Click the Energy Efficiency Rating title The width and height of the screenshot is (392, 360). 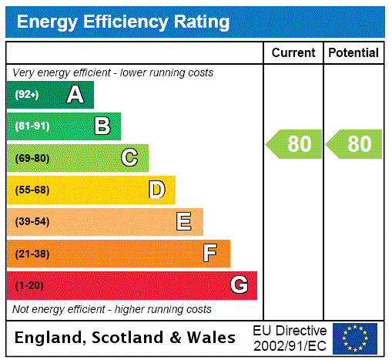tap(123, 22)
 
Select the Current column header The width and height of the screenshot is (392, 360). tap(293, 53)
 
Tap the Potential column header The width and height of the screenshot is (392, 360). tap(353, 53)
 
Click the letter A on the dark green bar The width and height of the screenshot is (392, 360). tap(75, 95)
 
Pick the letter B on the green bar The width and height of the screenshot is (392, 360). tap(102, 126)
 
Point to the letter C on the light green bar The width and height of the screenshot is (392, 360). tap(129, 158)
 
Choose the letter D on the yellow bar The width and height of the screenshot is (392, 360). tap(157, 190)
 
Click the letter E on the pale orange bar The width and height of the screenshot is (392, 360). tap(184, 222)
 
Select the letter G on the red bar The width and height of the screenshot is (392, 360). tap(240, 285)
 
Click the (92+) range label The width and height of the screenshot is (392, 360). tap(27, 95)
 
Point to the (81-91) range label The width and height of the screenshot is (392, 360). tap(32, 126)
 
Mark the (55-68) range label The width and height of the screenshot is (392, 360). tap(32, 190)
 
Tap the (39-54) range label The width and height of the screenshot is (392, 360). tap(32, 222)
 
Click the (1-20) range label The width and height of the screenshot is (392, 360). tap(29, 285)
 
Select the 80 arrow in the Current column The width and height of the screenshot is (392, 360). tap(295, 144)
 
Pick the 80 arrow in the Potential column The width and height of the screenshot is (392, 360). tap(354, 144)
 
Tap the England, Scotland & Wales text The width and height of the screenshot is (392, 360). tap(126, 338)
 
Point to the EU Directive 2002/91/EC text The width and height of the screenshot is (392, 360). tap(290, 338)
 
